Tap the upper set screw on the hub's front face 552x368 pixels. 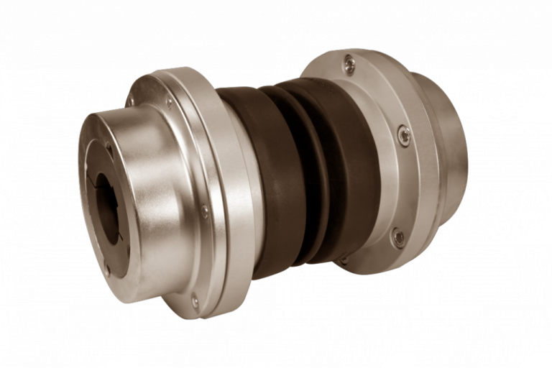point(109,149)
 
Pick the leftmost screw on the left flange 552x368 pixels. point(131,101)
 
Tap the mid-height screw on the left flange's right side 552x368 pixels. point(205,211)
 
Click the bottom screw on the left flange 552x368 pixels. point(195,301)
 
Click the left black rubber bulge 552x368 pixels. point(277,180)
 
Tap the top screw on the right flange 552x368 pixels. point(349,65)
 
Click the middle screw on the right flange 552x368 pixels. point(404,134)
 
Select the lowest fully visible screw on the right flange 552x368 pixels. point(397,236)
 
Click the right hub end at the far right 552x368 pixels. point(449,144)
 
